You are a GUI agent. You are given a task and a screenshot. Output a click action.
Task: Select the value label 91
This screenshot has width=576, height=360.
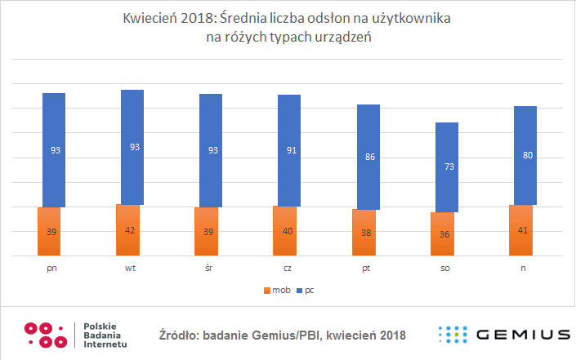point(289,149)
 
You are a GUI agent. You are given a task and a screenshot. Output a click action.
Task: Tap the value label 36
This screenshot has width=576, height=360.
point(446,234)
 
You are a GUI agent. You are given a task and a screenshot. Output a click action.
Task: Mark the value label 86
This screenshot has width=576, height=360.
point(368,156)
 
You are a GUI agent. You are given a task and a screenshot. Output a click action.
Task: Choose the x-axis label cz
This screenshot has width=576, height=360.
point(289,267)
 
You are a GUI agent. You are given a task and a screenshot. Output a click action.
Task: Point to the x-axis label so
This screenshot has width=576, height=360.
point(446,267)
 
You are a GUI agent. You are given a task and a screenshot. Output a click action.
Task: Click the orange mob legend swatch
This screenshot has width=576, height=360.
point(265,290)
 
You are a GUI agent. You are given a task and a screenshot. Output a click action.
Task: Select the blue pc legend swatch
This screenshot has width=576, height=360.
point(300,290)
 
